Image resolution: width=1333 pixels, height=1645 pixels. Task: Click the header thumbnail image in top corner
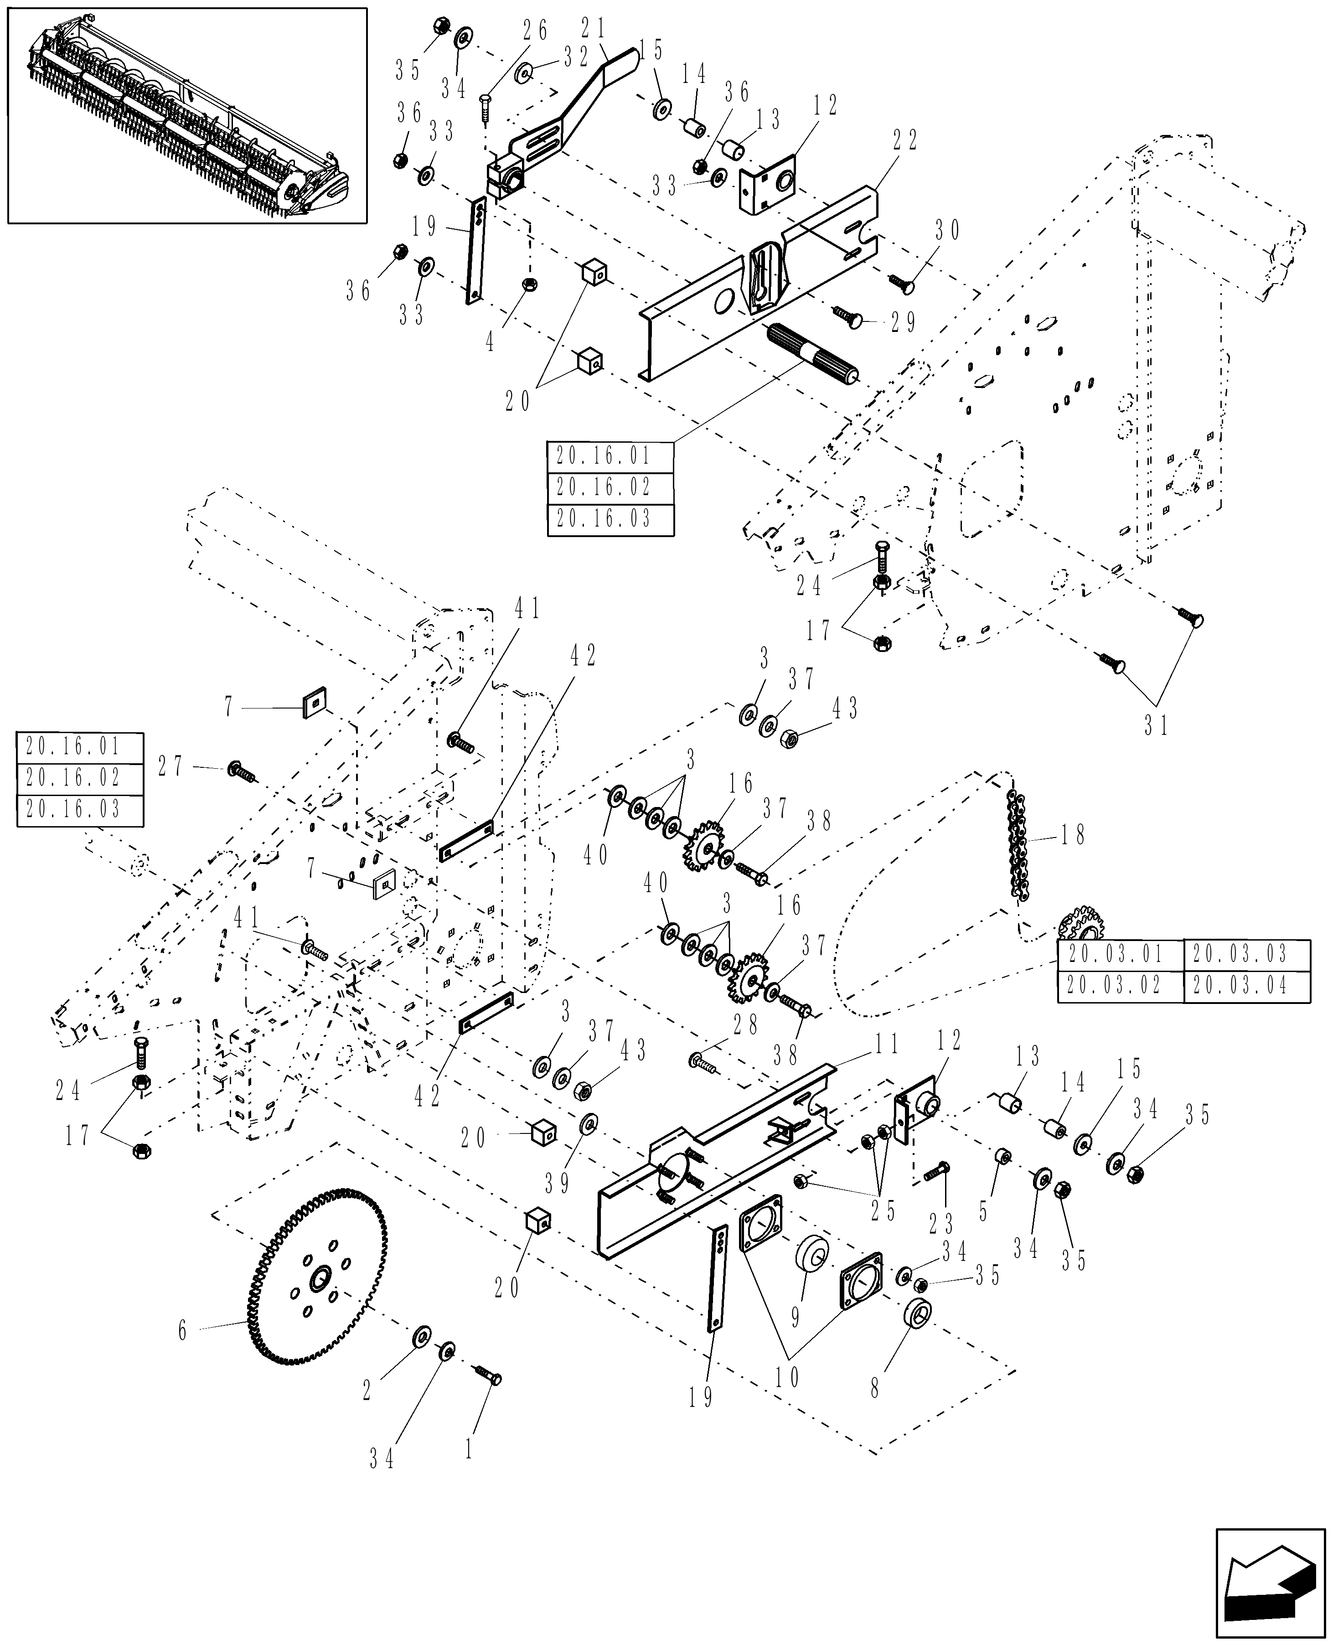point(187,115)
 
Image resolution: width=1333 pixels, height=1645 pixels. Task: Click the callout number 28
point(745,1025)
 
